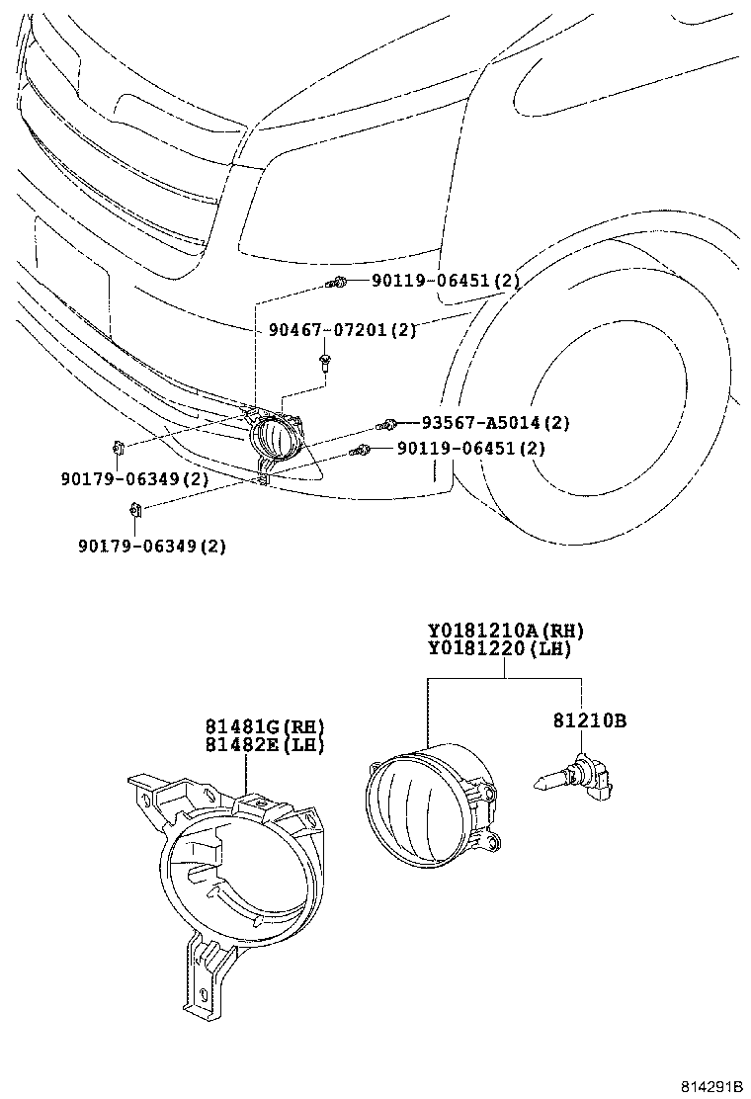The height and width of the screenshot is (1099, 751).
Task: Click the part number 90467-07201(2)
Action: coord(342,330)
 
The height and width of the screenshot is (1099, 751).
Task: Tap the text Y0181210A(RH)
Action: coord(505,631)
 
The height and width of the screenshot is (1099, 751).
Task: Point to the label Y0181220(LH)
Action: coord(499,649)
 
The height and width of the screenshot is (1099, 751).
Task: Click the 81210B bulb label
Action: coord(588,721)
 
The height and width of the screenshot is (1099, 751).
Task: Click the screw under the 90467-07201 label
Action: coord(325,363)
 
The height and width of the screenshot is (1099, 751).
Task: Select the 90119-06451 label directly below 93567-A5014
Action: coord(471,449)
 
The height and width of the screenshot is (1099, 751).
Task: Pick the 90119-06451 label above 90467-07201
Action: coord(446,282)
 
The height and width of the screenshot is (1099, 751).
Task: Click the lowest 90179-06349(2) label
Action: coord(153,546)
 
